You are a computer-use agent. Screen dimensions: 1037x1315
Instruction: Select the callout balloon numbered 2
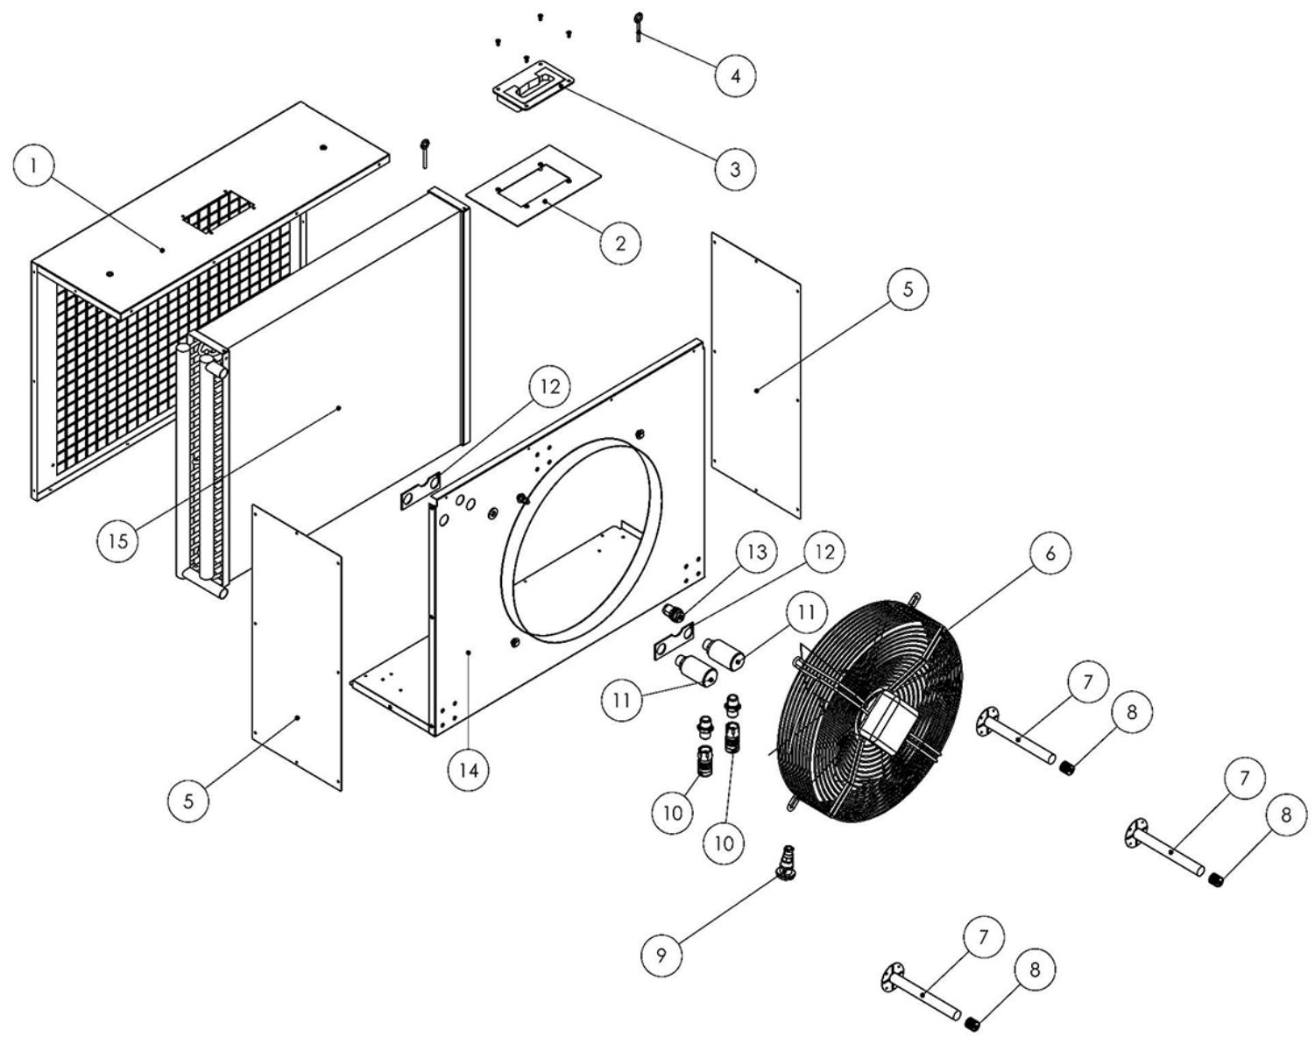coord(620,242)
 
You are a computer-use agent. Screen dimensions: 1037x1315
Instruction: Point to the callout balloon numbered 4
coord(735,75)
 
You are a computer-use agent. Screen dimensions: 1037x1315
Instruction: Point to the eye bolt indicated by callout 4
coord(638,25)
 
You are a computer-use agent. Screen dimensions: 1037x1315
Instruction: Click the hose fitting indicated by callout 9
coord(785,863)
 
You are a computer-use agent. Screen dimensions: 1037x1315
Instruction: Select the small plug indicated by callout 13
coord(675,612)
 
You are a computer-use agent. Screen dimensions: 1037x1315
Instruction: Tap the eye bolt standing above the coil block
coord(425,152)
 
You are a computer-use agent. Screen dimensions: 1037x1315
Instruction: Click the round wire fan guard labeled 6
coord(867,701)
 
